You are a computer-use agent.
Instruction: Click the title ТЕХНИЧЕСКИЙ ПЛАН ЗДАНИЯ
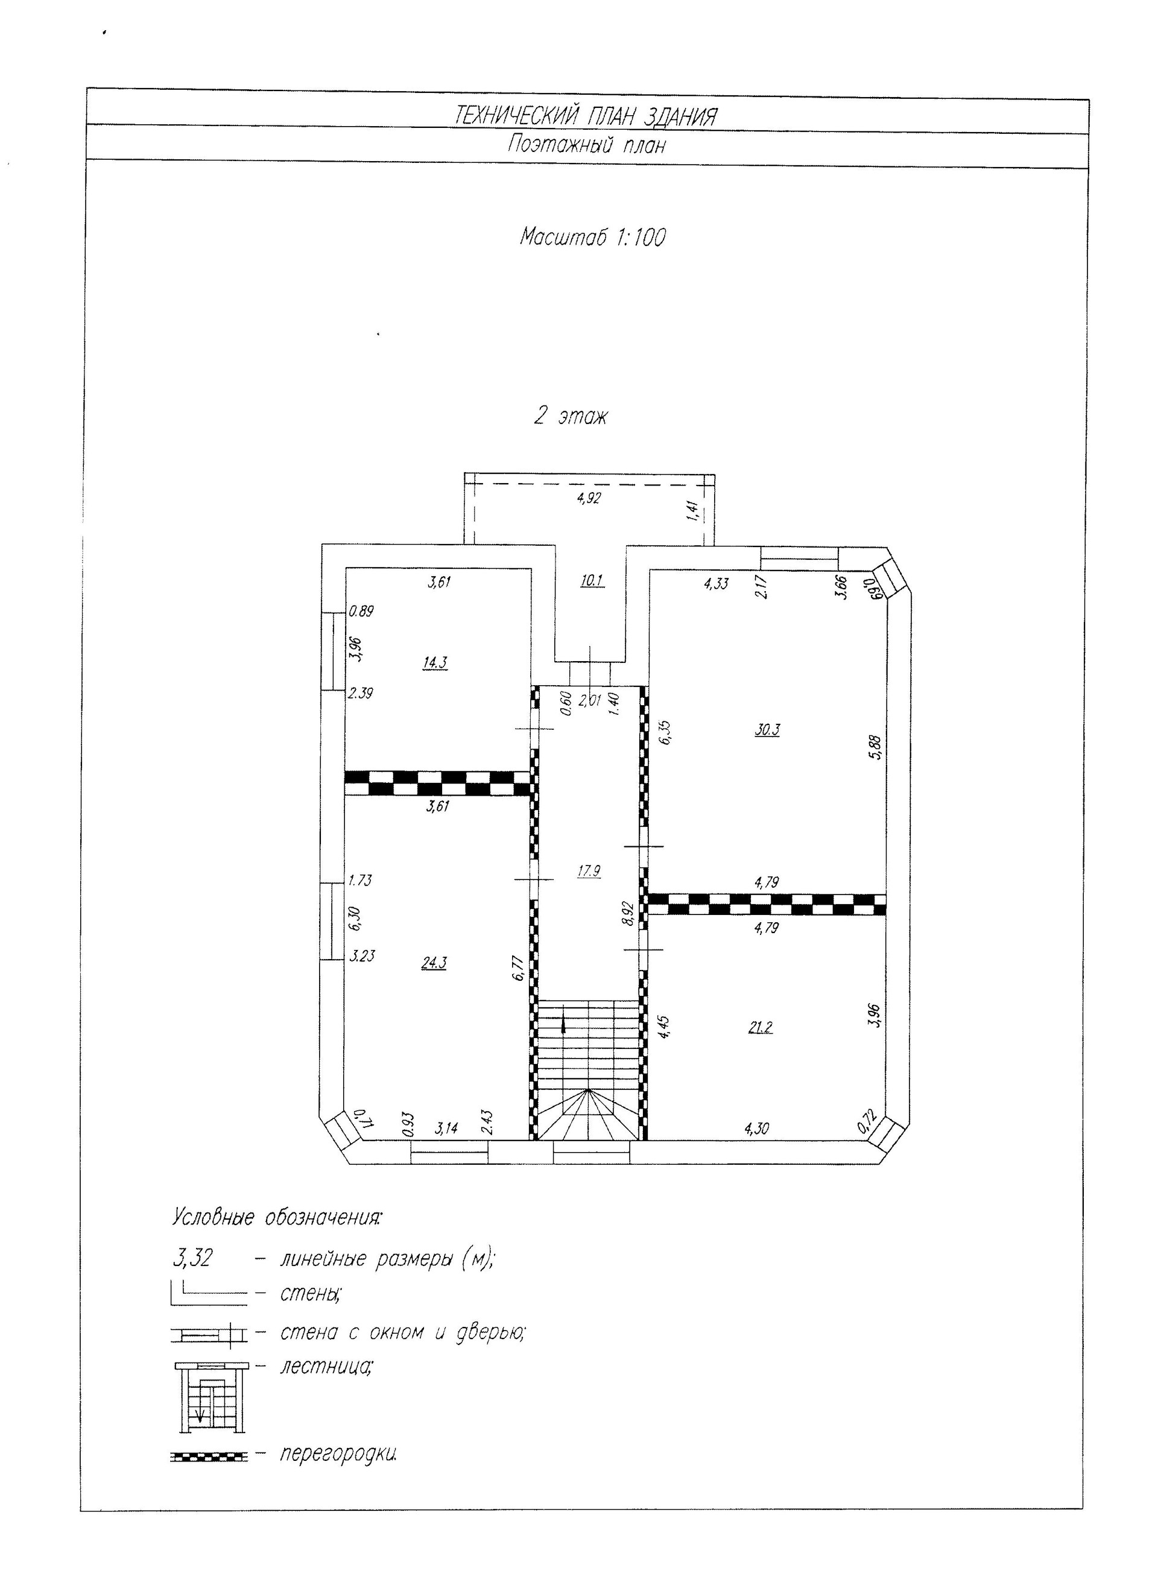pyautogui.click(x=586, y=115)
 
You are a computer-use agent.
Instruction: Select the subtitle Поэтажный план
pyautogui.click(x=586, y=146)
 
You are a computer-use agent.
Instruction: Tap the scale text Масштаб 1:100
pyautogui.click(x=592, y=238)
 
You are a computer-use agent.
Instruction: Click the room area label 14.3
pyautogui.click(x=435, y=662)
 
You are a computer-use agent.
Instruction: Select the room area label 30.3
pyautogui.click(x=767, y=729)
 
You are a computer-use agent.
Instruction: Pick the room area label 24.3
pyautogui.click(x=433, y=963)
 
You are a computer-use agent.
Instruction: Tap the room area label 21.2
pyautogui.click(x=760, y=1028)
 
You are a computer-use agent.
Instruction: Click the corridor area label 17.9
pyautogui.click(x=589, y=871)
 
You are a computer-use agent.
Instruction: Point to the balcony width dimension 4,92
pyautogui.click(x=589, y=499)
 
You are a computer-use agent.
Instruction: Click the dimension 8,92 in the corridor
pyautogui.click(x=629, y=914)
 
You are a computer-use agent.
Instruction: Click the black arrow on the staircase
pyautogui.click(x=563, y=1025)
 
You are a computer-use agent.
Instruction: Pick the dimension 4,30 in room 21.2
pyautogui.click(x=756, y=1129)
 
